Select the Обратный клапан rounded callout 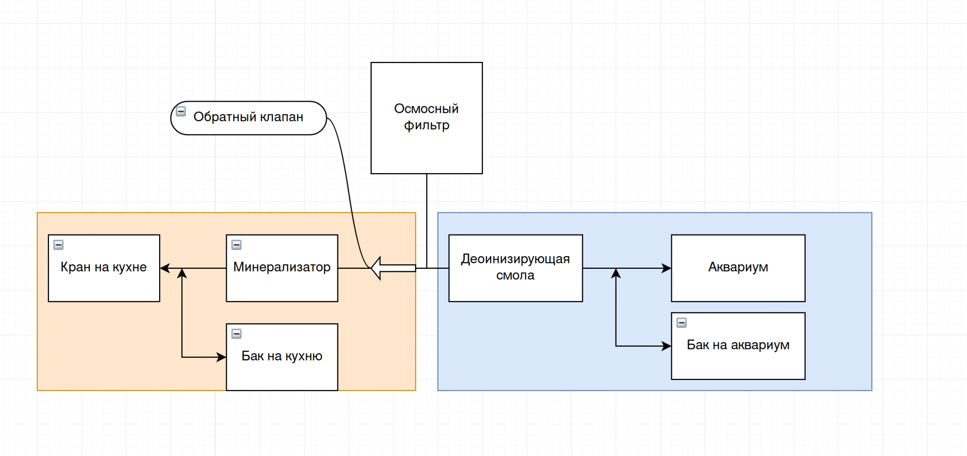click(249, 117)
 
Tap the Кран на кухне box click(104, 282)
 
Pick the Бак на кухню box click(282, 372)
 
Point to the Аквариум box click(738, 282)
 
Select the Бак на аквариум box click(738, 362)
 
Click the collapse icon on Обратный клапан click(181, 111)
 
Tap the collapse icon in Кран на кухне click(58, 245)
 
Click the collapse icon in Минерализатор click(236, 245)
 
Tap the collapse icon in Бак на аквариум click(681, 323)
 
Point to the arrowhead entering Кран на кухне click(165, 268)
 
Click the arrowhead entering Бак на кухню click(221, 357)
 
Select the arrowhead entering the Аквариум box click(666, 268)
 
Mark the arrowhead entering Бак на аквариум click(666, 346)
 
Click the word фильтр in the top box click(427, 125)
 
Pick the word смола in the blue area click(515, 276)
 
